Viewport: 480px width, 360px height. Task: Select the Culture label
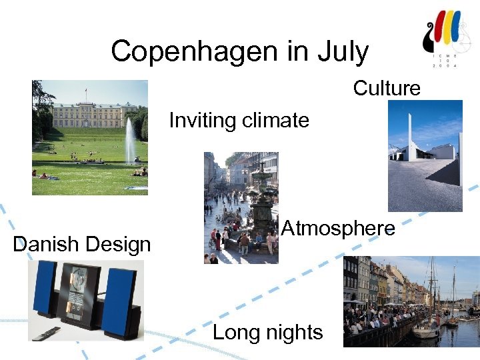point(387,88)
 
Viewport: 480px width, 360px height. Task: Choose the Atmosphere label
point(338,229)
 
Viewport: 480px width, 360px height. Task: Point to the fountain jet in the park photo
point(130,140)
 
